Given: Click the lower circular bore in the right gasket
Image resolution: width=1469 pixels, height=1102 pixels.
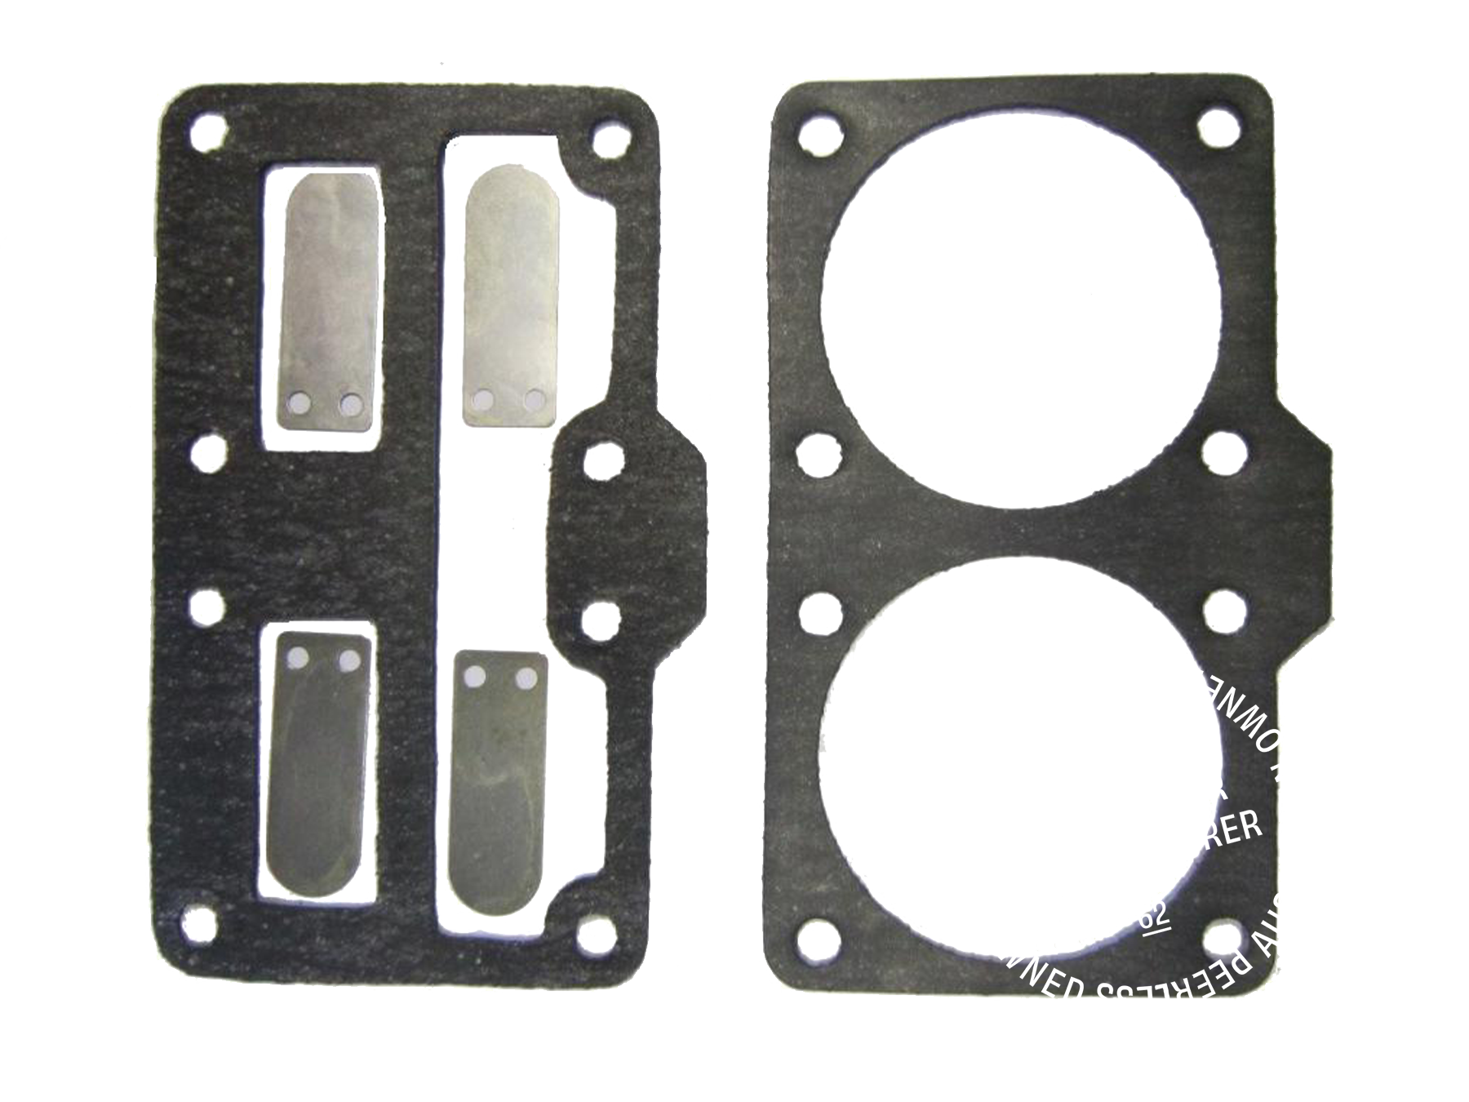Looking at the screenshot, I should point(1020,759).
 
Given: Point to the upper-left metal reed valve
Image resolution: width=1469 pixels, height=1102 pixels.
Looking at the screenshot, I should point(331,294).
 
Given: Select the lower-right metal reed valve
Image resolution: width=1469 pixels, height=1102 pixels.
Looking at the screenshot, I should point(498,775).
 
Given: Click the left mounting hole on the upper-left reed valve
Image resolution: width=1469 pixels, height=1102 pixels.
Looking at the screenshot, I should point(300,402).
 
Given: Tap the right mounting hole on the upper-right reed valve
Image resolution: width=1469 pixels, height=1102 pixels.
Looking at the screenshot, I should point(535,399).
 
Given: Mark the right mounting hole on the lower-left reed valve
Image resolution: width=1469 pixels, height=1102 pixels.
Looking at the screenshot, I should point(349,659).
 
